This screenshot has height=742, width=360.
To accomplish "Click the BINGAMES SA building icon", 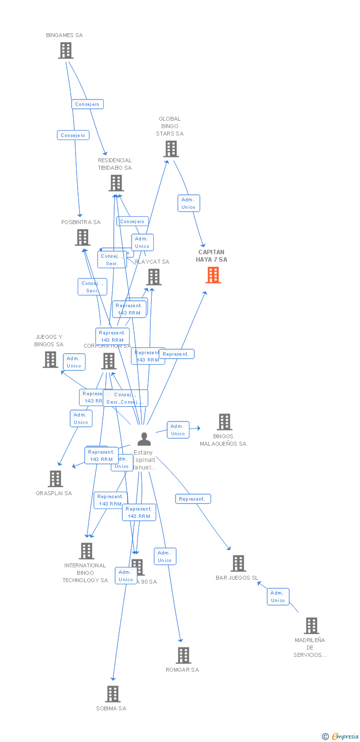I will click(x=65, y=50).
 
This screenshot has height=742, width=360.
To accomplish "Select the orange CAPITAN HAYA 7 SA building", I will click(x=213, y=275).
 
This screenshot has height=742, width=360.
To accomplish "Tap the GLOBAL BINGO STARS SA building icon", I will click(x=171, y=149).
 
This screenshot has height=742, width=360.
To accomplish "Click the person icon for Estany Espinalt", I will click(x=144, y=439).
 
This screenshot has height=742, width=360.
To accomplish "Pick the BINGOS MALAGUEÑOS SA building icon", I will click(x=225, y=422).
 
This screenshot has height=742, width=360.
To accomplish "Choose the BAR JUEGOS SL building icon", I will click(x=238, y=563).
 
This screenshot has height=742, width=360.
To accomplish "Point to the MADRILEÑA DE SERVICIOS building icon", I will click(x=311, y=626).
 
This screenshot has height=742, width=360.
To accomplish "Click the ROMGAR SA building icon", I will click(x=183, y=655).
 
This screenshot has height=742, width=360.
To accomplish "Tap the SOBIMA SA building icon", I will click(x=113, y=694).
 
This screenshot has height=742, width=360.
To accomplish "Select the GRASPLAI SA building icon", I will click(x=55, y=479).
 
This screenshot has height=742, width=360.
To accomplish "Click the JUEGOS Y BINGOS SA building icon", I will click(x=50, y=360).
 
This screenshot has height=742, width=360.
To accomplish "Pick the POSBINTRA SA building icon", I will click(x=82, y=237).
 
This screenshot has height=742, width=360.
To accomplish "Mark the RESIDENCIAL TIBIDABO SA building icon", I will click(x=116, y=183).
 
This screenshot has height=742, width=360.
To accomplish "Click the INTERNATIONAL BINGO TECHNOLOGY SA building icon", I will click(x=87, y=551).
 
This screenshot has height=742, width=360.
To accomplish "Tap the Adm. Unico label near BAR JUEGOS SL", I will click(x=277, y=597).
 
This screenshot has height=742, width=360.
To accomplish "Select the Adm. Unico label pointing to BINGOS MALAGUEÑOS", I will click(x=178, y=430).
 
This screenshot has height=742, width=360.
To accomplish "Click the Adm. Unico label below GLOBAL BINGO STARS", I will click(x=188, y=203).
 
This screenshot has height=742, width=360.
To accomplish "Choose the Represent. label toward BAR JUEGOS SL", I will click(x=193, y=499).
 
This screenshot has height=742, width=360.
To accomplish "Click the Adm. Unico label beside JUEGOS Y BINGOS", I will click(x=74, y=362).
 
